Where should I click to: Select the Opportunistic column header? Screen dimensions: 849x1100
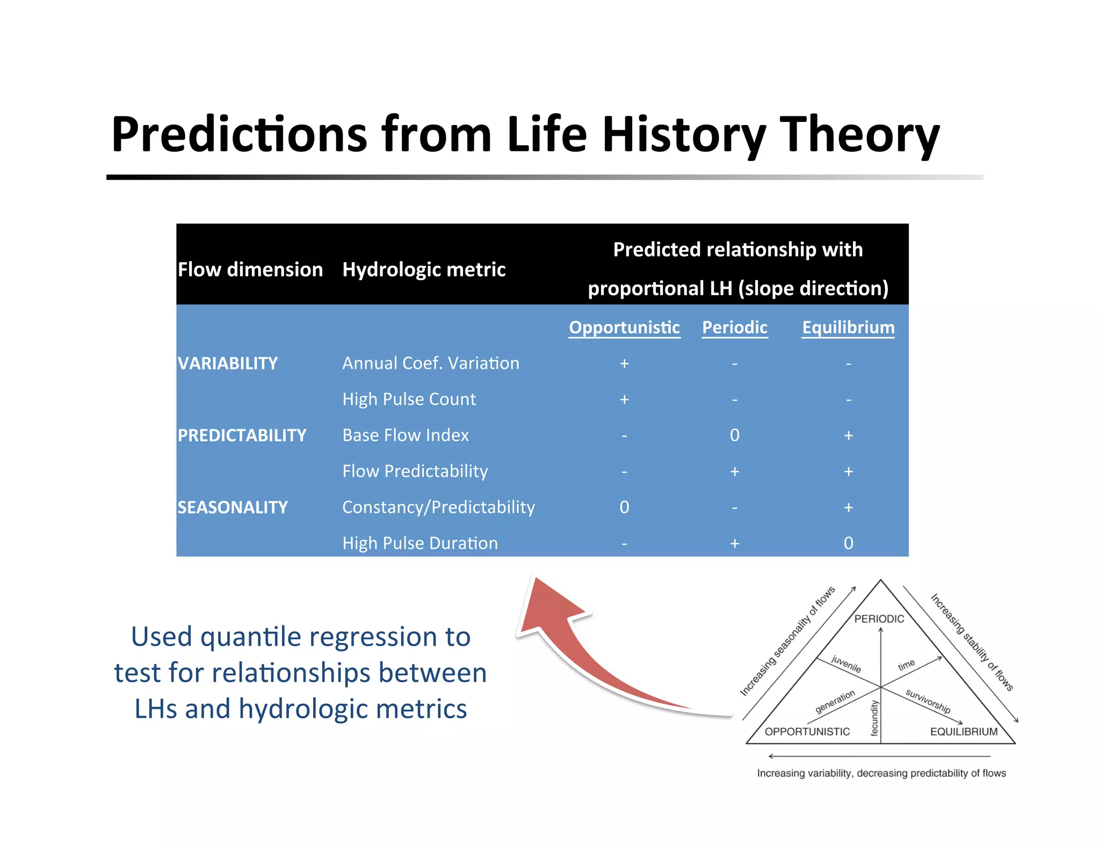(624, 327)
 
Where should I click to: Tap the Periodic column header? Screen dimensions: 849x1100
(734, 327)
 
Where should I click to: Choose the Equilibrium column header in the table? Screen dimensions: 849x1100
(848, 327)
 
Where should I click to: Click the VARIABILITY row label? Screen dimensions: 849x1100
(228, 363)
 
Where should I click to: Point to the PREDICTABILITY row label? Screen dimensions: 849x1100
(242, 435)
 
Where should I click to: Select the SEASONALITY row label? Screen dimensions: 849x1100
(233, 507)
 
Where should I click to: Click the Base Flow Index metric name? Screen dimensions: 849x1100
(406, 435)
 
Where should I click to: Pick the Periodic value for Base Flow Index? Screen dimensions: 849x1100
(734, 435)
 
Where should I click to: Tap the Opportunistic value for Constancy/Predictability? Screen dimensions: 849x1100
(624, 507)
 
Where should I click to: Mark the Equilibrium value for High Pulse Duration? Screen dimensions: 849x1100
(848, 543)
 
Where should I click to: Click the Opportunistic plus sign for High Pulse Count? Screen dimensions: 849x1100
(624, 399)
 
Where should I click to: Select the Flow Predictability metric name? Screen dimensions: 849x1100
(415, 471)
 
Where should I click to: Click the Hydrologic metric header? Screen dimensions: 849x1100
(424, 269)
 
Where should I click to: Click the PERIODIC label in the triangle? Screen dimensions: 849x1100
(879, 619)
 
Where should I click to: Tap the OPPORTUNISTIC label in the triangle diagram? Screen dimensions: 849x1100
(807, 731)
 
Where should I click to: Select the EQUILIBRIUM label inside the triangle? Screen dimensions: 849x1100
(964, 731)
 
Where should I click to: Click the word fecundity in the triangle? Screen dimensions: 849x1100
(874, 718)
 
